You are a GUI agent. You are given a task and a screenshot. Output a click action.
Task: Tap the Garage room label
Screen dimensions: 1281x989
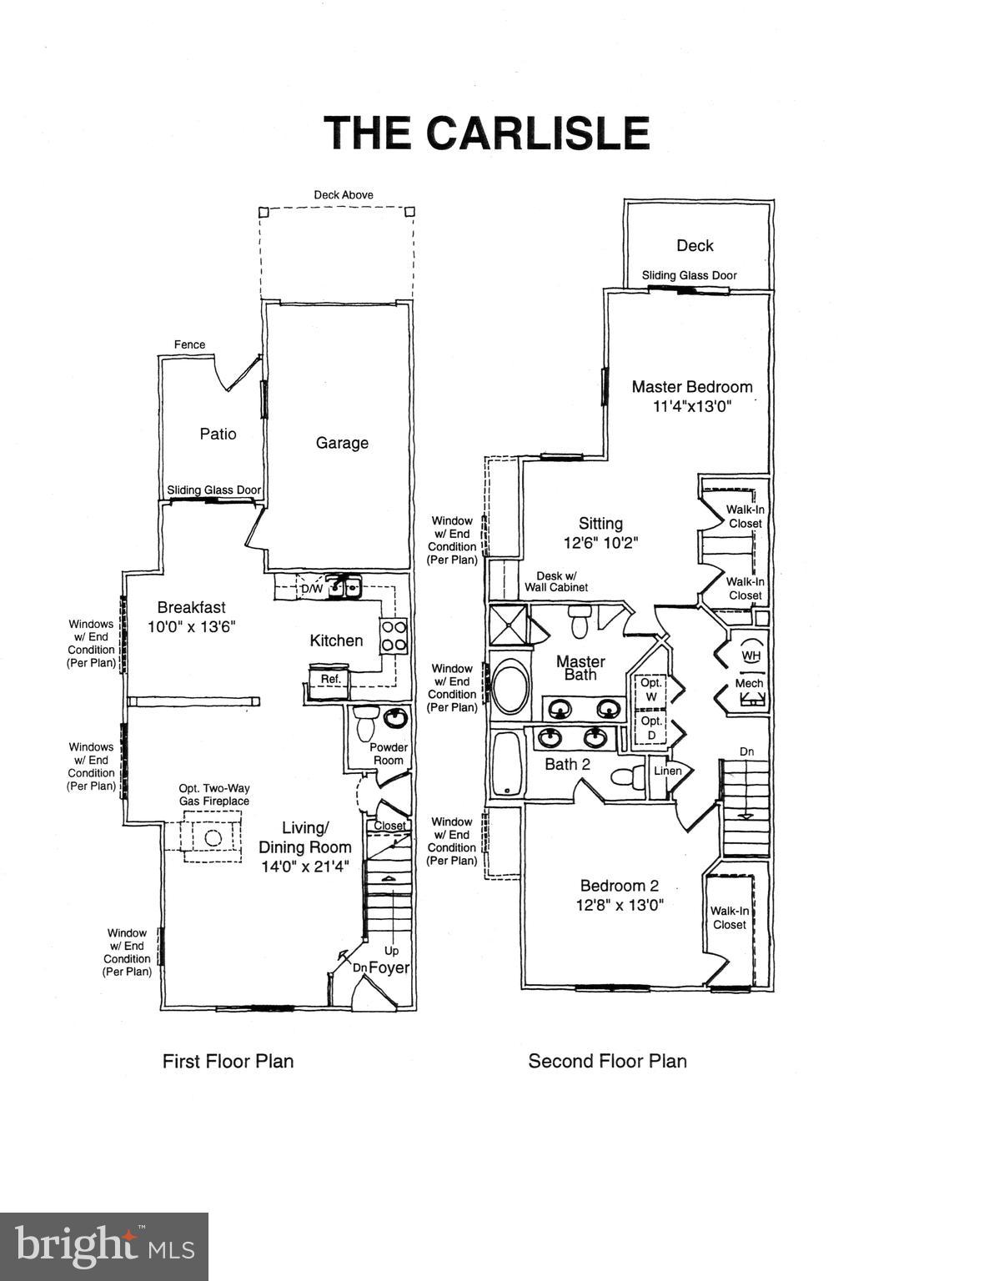tap(342, 443)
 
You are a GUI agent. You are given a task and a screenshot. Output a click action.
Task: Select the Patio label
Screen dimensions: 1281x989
tap(218, 434)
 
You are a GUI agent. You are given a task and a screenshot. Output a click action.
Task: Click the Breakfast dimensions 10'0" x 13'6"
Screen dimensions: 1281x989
tap(192, 627)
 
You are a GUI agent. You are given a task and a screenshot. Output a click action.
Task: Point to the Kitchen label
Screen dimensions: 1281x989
tap(336, 640)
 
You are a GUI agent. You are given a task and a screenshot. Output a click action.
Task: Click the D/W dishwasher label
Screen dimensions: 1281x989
tap(311, 589)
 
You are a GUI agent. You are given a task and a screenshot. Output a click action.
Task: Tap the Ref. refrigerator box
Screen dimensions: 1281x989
tap(331, 679)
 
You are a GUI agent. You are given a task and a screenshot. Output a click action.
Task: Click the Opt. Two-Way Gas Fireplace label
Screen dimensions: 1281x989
tap(213, 795)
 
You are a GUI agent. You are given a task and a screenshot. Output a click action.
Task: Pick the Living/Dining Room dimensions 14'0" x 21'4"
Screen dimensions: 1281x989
tap(305, 867)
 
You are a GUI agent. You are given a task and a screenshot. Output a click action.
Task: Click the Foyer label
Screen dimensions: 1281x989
tap(389, 967)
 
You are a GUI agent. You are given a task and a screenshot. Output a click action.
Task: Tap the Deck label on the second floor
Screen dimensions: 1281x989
tap(695, 245)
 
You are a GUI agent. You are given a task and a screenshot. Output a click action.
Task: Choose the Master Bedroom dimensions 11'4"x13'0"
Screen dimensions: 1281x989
tap(692, 407)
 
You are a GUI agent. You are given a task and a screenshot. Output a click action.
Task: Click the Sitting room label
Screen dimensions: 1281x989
tap(600, 523)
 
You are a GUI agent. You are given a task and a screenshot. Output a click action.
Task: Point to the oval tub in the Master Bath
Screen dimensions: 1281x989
tap(510, 686)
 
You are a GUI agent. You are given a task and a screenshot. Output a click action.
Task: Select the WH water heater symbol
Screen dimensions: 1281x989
tap(751, 656)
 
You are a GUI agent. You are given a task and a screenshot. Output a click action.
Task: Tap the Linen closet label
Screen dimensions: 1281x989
tap(667, 771)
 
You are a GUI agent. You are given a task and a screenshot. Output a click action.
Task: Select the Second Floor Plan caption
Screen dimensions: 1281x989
tap(607, 1061)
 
